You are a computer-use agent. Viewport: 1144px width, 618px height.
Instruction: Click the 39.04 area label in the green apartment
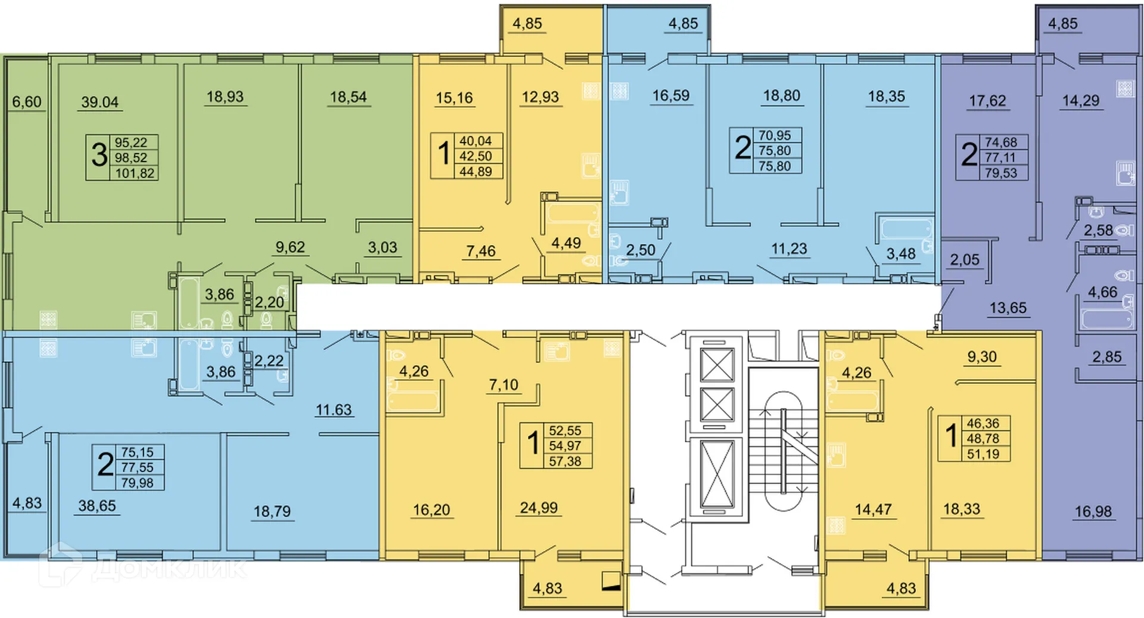click(x=100, y=102)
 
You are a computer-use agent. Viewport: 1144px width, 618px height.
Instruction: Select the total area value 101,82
click(x=135, y=173)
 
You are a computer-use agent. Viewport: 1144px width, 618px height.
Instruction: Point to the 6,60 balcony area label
click(x=27, y=102)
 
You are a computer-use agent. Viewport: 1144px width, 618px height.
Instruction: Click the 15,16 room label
click(x=454, y=97)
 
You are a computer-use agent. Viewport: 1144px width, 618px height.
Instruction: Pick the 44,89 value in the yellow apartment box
click(x=475, y=172)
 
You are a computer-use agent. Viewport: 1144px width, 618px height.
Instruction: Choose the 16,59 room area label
click(x=670, y=95)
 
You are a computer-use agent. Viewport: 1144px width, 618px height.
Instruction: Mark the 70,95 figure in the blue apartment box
click(x=775, y=135)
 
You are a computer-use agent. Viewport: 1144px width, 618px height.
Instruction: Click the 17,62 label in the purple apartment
click(x=987, y=101)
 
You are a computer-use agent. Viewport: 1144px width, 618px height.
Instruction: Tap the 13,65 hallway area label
click(x=1008, y=308)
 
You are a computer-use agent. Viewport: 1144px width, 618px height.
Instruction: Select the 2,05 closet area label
click(x=965, y=260)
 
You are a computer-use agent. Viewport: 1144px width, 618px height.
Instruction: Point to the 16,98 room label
click(x=1093, y=511)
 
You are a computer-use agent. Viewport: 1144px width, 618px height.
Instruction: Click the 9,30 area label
click(x=982, y=357)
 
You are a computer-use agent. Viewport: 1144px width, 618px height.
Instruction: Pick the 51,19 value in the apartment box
click(x=983, y=454)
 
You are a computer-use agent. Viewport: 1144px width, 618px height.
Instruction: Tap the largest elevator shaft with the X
click(x=717, y=475)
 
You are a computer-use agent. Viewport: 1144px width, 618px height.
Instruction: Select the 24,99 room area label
click(x=539, y=508)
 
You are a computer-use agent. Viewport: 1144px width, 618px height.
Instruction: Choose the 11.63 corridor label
click(x=334, y=410)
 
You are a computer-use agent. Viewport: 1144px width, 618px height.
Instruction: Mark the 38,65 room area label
click(x=97, y=506)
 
